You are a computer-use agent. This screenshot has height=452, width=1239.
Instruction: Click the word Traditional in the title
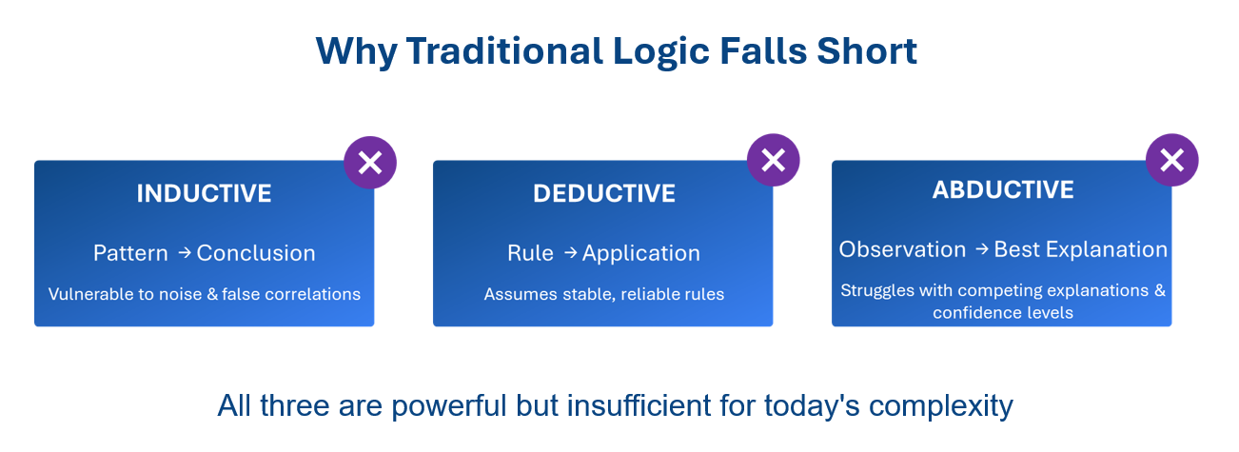click(504, 50)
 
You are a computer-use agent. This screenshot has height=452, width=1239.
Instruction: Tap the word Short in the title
click(867, 50)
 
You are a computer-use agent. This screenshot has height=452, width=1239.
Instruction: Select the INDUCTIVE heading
click(204, 193)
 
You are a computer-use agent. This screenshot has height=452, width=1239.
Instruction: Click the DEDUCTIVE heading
click(604, 193)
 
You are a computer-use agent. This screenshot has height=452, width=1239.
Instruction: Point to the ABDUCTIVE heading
click(1003, 189)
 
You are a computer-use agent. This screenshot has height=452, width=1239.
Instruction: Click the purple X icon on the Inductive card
click(370, 163)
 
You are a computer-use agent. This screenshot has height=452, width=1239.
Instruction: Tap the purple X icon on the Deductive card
click(774, 160)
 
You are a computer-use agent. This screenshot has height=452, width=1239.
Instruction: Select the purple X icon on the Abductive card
click(1172, 160)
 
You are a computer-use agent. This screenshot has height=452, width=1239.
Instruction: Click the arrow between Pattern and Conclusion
click(185, 253)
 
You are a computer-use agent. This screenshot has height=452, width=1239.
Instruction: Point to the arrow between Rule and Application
click(571, 253)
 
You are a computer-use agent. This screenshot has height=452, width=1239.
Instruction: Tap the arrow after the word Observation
click(982, 249)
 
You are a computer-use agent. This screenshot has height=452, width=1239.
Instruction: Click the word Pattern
click(130, 253)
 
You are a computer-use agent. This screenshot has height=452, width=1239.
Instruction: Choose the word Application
click(641, 254)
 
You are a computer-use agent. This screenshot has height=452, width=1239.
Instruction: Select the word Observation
click(903, 249)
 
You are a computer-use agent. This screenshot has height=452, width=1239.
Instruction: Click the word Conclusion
click(256, 253)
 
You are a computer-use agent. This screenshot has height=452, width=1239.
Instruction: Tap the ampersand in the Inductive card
click(212, 294)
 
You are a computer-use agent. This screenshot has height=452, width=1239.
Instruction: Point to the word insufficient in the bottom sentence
click(639, 405)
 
